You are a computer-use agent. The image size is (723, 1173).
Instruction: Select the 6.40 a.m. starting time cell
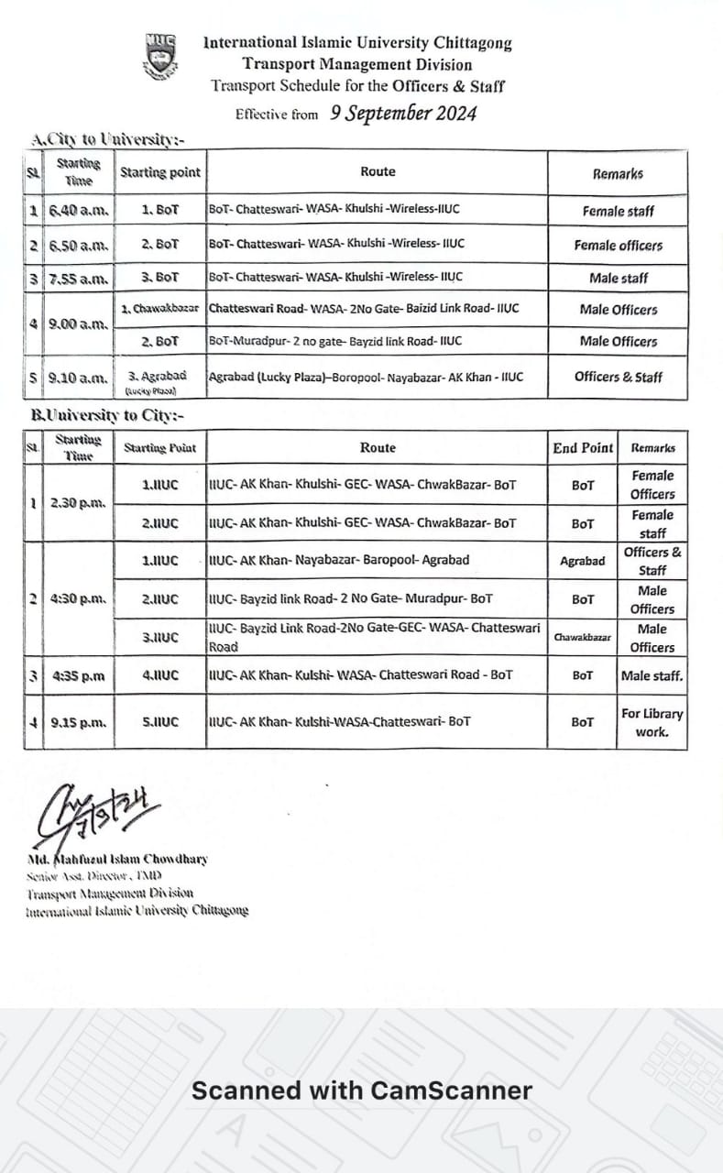pyautogui.click(x=79, y=210)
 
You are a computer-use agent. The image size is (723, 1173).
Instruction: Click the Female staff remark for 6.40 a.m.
pyautogui.click(x=618, y=211)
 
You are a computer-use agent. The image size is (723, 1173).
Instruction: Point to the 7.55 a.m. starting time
pyautogui.click(x=79, y=277)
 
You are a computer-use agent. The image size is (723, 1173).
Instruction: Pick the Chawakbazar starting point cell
pyautogui.click(x=160, y=309)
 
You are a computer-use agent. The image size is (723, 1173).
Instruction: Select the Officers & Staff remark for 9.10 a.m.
pyautogui.click(x=618, y=377)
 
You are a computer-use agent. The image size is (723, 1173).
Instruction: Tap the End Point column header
pyautogui.click(x=583, y=448)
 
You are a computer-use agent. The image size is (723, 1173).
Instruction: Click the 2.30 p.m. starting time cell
pyautogui.click(x=79, y=503)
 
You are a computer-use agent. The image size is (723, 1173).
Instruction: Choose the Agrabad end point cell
pyautogui.click(x=583, y=561)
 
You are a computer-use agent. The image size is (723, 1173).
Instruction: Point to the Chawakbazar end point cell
pyautogui.click(x=583, y=637)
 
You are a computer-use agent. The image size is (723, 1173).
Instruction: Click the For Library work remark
pyautogui.click(x=652, y=722)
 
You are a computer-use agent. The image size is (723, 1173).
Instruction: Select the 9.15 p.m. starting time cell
pyautogui.click(x=79, y=722)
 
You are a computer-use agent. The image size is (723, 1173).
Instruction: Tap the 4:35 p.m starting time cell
pyautogui.click(x=79, y=676)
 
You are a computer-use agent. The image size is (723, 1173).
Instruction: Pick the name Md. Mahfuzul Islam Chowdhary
pyautogui.click(x=117, y=859)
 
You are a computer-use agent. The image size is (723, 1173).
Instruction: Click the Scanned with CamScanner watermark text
pyautogui.click(x=361, y=1091)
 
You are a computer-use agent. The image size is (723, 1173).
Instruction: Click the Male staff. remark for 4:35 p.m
pyautogui.click(x=652, y=676)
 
